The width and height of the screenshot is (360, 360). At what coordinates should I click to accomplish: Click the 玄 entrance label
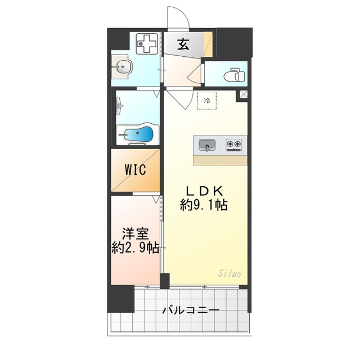click(x=183, y=44)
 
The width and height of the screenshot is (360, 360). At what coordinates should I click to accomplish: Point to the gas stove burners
click(x=235, y=145)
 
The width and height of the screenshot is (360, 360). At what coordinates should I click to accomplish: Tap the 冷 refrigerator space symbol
click(x=206, y=101)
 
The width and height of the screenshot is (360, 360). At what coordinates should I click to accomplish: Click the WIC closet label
click(x=136, y=169)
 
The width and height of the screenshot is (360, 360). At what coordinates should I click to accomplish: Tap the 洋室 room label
click(x=135, y=233)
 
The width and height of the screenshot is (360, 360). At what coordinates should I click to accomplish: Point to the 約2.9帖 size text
click(x=135, y=247)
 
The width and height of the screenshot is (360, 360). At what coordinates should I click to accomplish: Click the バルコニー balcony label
click(x=191, y=310)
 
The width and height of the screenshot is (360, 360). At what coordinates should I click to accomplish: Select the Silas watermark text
click(x=229, y=274)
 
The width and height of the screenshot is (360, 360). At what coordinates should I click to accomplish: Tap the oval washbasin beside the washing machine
click(x=122, y=69)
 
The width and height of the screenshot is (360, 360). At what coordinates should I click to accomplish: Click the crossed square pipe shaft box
click(x=244, y=95)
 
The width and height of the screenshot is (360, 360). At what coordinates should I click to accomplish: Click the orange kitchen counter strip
click(x=220, y=160)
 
